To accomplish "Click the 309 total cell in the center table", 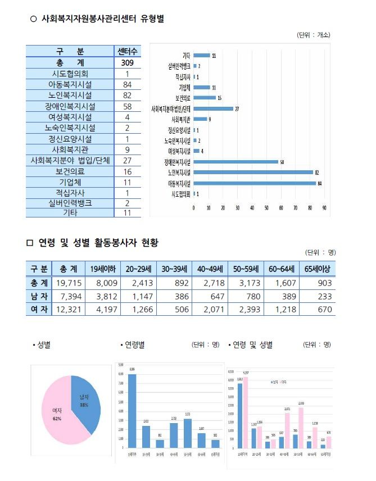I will pos(128,63).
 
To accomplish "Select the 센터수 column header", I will pos(128,52).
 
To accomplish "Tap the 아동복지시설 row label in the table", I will pos(70,84).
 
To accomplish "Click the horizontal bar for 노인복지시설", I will pos(253,172).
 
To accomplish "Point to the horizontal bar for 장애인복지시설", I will pos(235,161).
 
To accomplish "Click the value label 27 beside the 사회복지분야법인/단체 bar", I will pos(237,108).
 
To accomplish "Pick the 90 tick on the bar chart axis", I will pos(324,207).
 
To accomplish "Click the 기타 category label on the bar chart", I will pos(186,56).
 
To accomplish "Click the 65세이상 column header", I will pos(317,268).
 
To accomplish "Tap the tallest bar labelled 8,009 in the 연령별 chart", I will pos(132,410).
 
